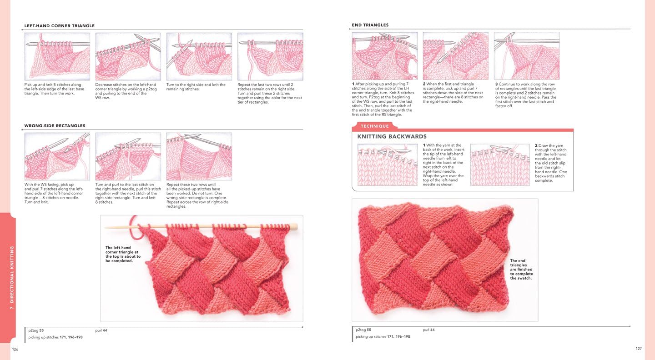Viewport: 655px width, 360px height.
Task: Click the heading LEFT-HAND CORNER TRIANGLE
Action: tap(60, 26)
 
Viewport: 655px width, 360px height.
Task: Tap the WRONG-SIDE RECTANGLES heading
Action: tap(55, 126)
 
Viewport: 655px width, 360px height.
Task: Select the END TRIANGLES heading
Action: tap(370, 25)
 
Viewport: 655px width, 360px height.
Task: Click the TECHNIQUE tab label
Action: tap(375, 126)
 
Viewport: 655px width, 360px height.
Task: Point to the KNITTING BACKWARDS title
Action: tap(392, 136)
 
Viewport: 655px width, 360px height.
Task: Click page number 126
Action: tap(15, 349)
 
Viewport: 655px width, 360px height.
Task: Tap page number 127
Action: tap(638, 349)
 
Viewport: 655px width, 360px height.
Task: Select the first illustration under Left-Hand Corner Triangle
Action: tap(57, 56)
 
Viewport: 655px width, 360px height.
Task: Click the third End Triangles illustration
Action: tap(527, 55)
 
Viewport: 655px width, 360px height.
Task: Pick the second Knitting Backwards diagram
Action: tap(500, 165)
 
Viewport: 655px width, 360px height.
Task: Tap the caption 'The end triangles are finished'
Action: tap(521, 270)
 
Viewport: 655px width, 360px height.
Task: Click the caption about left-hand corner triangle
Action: tap(123, 255)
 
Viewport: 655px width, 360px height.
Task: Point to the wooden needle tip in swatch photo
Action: tap(294, 226)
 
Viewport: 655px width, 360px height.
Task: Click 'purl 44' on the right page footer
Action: tap(428, 330)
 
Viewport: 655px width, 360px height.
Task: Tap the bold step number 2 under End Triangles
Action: tap(424, 84)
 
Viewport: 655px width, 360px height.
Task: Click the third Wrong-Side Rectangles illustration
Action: tap(199, 156)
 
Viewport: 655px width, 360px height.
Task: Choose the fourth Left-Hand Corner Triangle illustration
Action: tap(270, 56)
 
